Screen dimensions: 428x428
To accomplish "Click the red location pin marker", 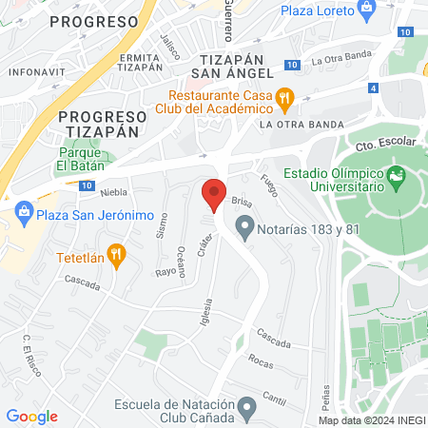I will pyautogui.click(x=214, y=194).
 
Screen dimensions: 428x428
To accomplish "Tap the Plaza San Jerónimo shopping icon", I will pyautogui.click(x=24, y=215).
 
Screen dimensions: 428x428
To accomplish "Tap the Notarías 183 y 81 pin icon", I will pyautogui.click(x=245, y=228).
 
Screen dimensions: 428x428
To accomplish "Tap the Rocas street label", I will pyautogui.click(x=260, y=360).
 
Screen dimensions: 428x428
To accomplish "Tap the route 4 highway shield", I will pyautogui.click(x=374, y=88).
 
